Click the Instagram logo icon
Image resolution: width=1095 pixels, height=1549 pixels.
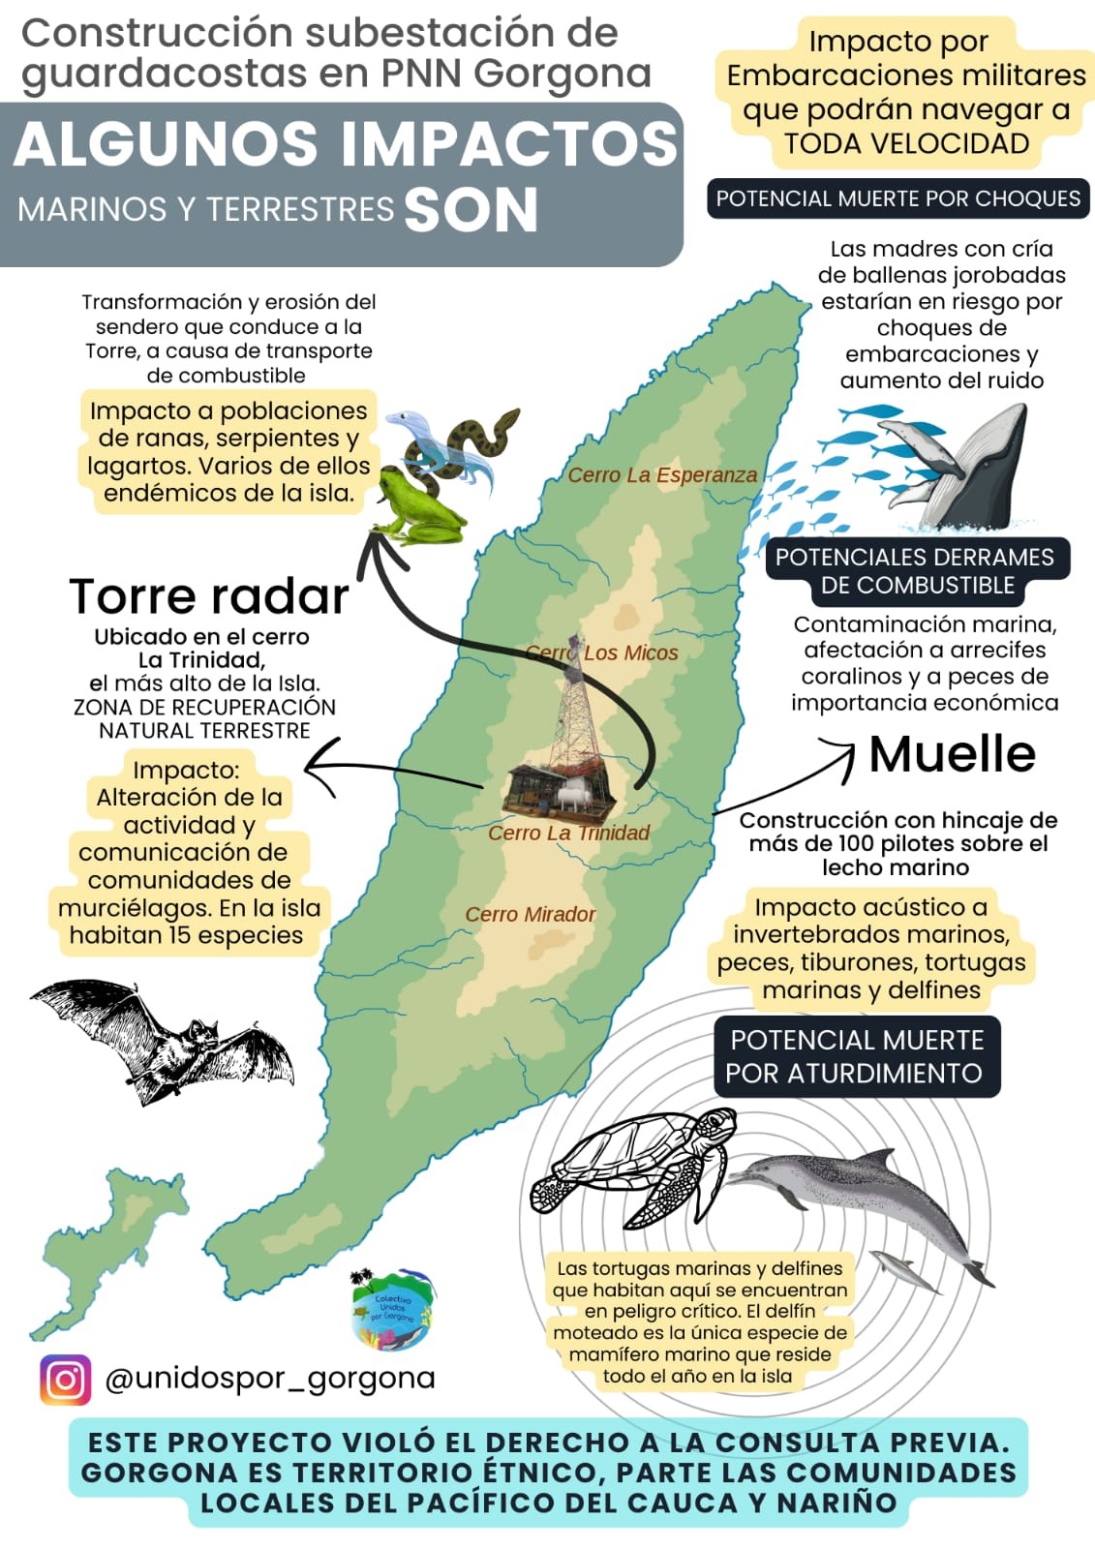(65, 1379)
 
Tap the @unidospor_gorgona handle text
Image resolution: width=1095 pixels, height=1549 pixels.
(270, 1378)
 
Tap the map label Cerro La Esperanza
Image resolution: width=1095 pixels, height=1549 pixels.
(662, 475)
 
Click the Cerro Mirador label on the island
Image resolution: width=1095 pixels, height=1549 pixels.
(530, 914)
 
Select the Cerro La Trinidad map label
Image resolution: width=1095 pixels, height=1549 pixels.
(568, 833)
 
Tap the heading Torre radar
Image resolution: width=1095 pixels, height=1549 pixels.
(208, 596)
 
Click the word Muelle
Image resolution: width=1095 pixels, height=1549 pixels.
(952, 754)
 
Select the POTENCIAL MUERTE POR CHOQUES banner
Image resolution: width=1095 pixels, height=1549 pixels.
(897, 198)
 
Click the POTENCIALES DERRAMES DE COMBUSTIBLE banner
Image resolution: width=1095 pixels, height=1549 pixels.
(914, 571)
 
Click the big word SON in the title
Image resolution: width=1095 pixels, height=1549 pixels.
(471, 209)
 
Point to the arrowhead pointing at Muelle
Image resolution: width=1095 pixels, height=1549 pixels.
(844, 751)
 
